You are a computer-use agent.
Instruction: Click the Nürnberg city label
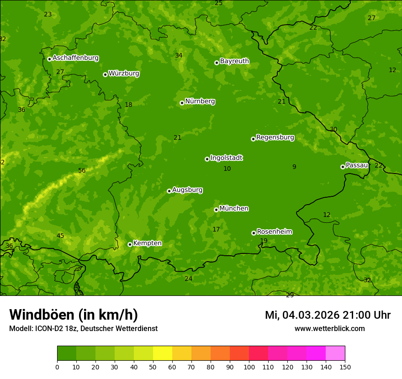click(x=200, y=101)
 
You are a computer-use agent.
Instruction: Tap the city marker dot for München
click(x=216, y=210)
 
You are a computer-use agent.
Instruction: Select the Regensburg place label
click(x=275, y=137)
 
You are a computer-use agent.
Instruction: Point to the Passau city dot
click(x=343, y=167)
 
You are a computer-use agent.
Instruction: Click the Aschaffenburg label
click(x=75, y=58)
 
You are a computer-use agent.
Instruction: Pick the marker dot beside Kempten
click(x=130, y=244)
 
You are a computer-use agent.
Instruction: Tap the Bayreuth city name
click(x=234, y=61)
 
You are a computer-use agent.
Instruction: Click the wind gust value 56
click(x=82, y=171)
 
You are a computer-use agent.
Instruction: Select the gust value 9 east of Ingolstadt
click(x=294, y=167)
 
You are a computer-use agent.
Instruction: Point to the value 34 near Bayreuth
click(x=179, y=56)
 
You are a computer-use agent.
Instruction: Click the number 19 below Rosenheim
click(x=264, y=241)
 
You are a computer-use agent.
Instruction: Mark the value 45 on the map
click(x=60, y=236)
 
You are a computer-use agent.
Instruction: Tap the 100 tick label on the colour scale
click(x=249, y=367)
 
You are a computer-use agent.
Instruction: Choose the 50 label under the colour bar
click(x=153, y=367)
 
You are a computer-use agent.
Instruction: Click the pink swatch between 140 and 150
click(x=335, y=353)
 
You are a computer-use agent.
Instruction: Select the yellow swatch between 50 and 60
click(x=163, y=353)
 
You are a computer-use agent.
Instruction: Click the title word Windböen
click(x=41, y=315)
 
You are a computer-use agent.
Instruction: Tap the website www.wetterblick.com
click(x=329, y=328)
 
